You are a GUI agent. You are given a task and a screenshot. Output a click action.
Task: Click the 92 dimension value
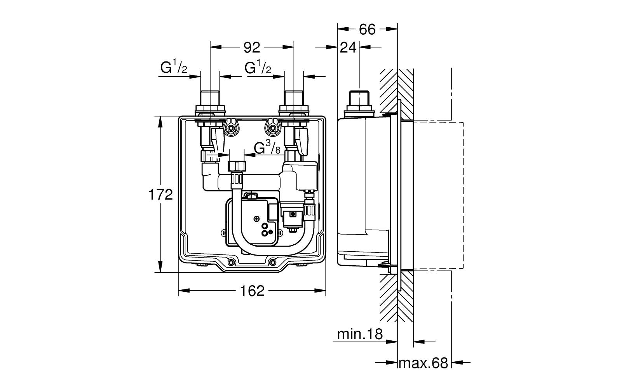coord(251,47)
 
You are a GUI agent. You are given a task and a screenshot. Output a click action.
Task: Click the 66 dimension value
coord(367,29)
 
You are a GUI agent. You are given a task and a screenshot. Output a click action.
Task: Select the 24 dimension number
coord(348,47)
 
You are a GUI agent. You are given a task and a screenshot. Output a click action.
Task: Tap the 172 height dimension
coord(161,194)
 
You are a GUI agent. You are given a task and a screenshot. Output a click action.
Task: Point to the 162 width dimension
coord(252,291)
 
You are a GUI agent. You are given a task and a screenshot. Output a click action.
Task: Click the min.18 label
coord(360,334)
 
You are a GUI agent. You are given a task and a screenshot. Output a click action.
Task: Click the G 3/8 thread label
coord(267,148)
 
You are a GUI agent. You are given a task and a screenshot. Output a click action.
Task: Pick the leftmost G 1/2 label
coord(174,68)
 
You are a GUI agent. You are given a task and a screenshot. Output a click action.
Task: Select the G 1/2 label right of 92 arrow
coord(258,68)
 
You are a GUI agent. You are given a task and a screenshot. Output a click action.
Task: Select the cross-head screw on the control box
coord(257,219)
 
